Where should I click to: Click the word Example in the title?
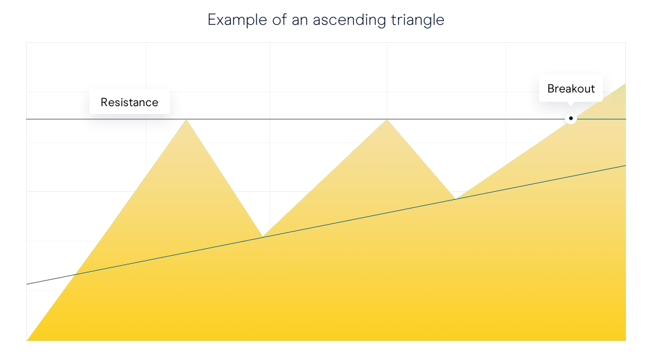(x=237, y=20)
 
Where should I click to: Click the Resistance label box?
(x=130, y=102)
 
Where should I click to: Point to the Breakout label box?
(x=571, y=88)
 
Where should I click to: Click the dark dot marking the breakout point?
(x=571, y=119)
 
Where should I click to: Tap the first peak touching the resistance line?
(x=187, y=120)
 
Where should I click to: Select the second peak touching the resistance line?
(x=387, y=120)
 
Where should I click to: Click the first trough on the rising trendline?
(x=263, y=236)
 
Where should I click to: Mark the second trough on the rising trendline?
(x=456, y=199)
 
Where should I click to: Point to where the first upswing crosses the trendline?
(x=75, y=274)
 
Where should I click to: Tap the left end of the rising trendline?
(x=27, y=284)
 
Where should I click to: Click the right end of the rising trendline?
(x=625, y=166)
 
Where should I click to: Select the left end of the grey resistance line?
(x=27, y=119)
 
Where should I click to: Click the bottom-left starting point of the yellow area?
(x=27, y=340)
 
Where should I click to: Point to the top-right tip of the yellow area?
(x=625, y=84)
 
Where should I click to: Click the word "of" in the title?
(x=279, y=20)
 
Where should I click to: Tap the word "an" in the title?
(x=299, y=20)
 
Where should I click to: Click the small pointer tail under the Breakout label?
(x=571, y=103)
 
